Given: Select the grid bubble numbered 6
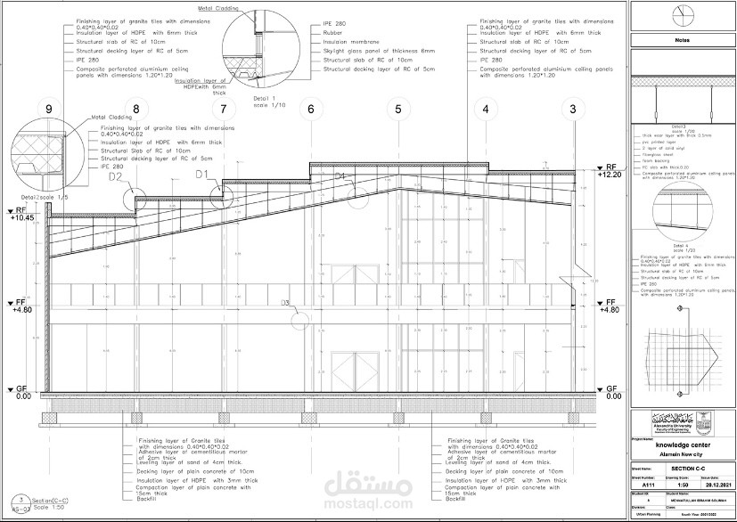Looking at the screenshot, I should pyautogui.click(x=310, y=110).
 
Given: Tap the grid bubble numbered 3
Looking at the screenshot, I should pyautogui.click(x=572, y=110).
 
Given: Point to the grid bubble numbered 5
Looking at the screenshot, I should pyautogui.click(x=397, y=110).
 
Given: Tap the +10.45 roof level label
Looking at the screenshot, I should pyautogui.click(x=23, y=216).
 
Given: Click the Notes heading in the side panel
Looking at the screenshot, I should pyautogui.click(x=682, y=40).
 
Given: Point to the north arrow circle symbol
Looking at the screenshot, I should pyautogui.click(x=682, y=15).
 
